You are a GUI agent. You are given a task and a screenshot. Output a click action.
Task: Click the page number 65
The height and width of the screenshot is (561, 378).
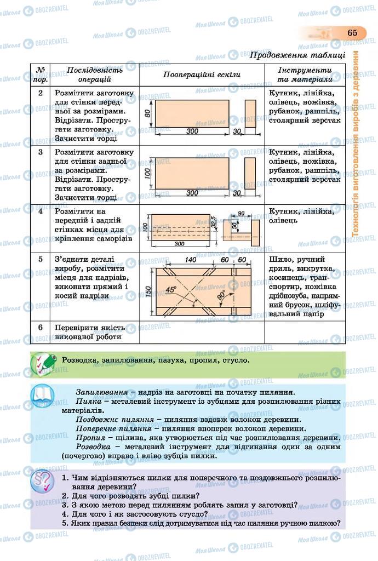(352, 33)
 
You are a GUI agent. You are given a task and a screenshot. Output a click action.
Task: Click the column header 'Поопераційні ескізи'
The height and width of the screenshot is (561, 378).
(202, 75)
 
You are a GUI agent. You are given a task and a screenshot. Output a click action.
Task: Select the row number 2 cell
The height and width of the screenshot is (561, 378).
(40, 93)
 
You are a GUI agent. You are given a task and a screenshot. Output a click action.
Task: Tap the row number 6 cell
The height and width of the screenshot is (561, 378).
(40, 327)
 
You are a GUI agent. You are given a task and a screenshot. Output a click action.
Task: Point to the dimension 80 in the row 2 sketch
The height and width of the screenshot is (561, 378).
(147, 113)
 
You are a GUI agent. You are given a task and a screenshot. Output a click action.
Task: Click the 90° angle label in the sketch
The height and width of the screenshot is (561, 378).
(220, 295)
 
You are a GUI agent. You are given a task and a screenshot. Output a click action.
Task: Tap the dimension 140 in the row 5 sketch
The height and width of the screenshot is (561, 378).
(191, 259)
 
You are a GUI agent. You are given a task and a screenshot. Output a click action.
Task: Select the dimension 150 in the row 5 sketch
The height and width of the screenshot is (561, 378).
(147, 292)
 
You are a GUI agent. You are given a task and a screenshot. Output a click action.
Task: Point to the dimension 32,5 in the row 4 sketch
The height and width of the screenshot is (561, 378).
(214, 222)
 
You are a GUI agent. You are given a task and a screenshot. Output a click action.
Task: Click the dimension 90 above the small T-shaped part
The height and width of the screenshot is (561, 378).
(241, 213)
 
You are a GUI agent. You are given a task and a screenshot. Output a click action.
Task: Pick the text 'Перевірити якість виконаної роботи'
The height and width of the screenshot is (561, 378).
(88, 332)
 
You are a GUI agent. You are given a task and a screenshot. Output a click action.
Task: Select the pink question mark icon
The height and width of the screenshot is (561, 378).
(43, 481)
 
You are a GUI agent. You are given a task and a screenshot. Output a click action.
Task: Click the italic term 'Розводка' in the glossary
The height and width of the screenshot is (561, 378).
(92, 446)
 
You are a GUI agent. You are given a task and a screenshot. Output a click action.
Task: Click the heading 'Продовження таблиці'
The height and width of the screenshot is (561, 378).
(297, 55)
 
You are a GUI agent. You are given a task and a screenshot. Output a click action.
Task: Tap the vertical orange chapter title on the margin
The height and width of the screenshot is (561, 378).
(356, 144)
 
